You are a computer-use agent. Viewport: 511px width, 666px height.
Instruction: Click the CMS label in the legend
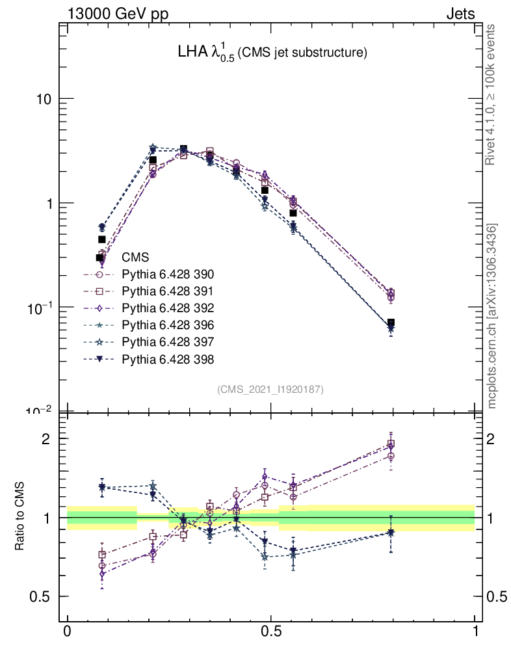click(x=135, y=257)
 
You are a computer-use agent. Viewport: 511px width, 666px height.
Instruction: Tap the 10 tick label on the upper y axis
click(x=41, y=99)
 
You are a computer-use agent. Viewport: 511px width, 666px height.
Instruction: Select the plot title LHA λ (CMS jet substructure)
click(x=272, y=53)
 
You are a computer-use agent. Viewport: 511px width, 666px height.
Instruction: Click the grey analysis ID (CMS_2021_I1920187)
click(x=270, y=389)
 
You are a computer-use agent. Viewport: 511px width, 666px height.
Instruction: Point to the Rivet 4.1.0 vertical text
click(x=491, y=94)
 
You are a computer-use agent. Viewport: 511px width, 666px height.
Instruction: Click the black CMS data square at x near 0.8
click(x=391, y=323)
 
